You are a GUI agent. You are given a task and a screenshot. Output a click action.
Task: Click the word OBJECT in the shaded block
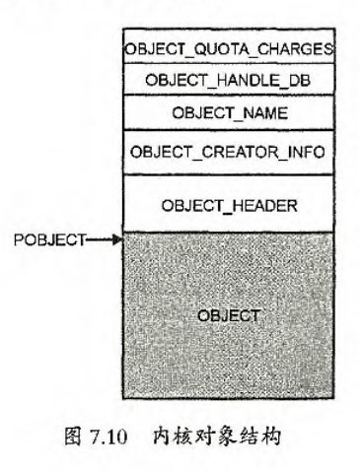(229, 315)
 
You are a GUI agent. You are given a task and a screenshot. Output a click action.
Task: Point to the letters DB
(280, 79)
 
